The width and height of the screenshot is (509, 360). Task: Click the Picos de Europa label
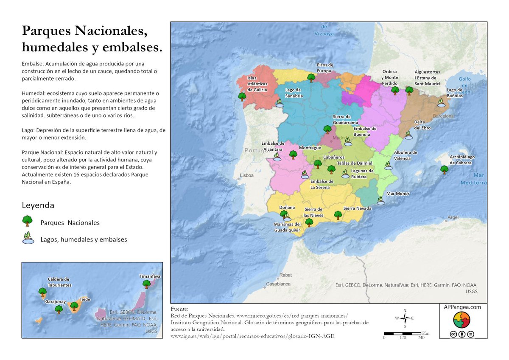coord(325,68)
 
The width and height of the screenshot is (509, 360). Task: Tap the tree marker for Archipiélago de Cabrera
coord(444,170)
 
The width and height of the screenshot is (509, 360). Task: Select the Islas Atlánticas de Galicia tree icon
coord(242,97)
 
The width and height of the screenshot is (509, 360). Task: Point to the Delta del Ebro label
coord(422,125)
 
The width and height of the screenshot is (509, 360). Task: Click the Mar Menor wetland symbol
coord(381,201)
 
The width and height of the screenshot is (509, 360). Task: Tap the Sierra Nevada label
coord(357,208)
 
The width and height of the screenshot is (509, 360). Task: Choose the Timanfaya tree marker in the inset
coord(146,284)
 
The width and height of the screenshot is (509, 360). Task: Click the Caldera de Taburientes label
coord(59,282)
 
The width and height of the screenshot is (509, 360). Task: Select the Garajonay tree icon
coord(59,309)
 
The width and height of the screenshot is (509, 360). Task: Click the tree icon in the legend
coord(28,221)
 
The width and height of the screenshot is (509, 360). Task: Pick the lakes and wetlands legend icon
coord(28,239)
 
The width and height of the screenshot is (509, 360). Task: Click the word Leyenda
coord(38,205)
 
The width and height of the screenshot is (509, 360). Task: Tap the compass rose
coord(405,318)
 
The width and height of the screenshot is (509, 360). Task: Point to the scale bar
coord(403,334)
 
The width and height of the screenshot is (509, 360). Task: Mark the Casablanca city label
coord(278,284)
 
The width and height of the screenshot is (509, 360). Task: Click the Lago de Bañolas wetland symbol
coord(442,103)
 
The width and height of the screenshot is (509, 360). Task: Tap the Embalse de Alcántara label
coord(273,146)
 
